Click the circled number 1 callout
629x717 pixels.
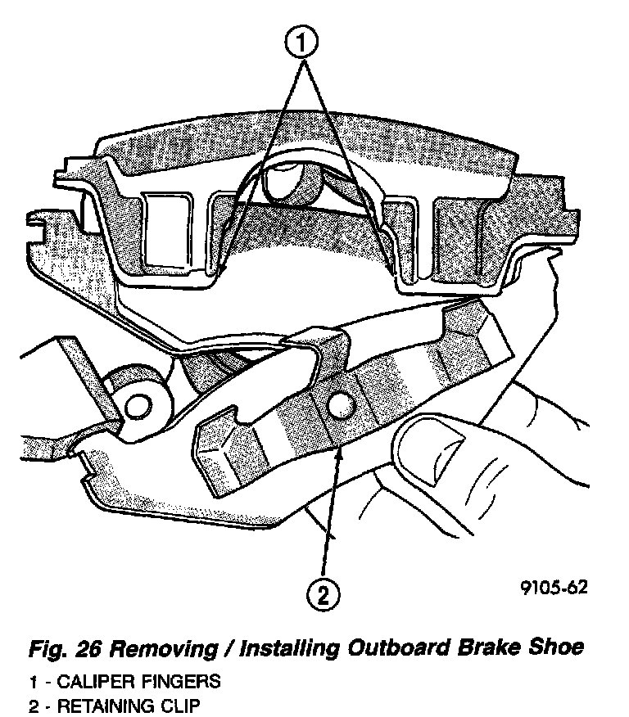pos(302,40)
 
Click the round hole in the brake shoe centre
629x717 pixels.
pos(338,404)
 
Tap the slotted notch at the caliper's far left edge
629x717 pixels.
pos(36,220)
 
